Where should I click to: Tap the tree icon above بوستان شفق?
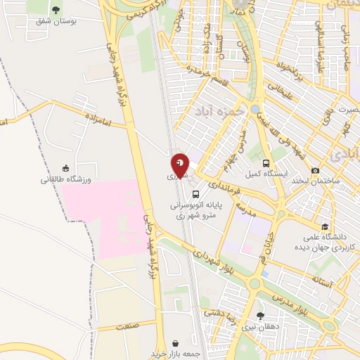click(56, 9)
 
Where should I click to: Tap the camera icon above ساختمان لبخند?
click(315, 170)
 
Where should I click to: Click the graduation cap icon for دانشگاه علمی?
click(325, 226)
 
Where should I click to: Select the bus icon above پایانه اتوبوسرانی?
click(195, 195)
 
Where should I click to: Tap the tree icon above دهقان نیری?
click(261, 316)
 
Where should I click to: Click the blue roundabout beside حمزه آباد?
click(255, 110)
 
